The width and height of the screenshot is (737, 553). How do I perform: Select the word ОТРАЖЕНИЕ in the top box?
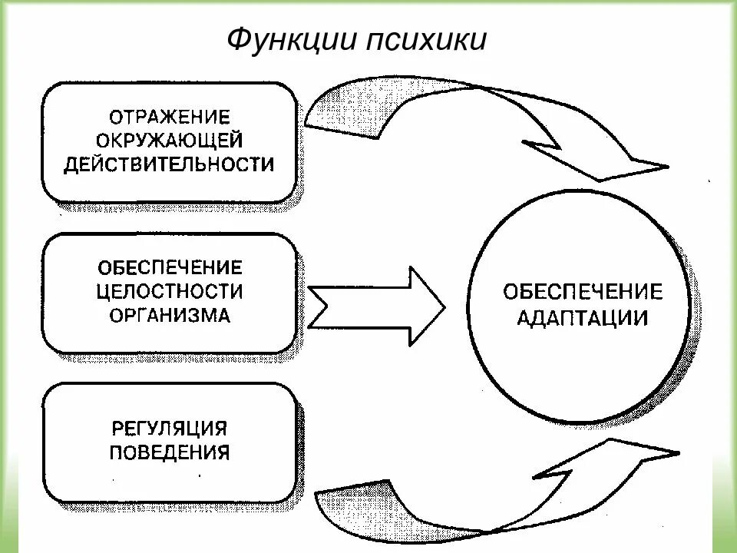click(170, 118)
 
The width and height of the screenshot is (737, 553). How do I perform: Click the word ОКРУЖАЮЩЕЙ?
click(170, 141)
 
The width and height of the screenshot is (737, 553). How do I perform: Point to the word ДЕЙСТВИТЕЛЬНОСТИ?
click(170, 164)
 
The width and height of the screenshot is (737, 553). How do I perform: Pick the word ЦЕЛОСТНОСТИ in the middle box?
click(170, 292)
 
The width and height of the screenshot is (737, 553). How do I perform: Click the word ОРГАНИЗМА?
click(170, 315)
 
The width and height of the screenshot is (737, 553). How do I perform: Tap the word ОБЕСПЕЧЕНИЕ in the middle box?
click(170, 268)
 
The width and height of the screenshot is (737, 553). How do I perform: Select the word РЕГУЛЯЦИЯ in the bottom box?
click(170, 427)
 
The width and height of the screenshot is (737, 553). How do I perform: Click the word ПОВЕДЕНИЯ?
click(170, 450)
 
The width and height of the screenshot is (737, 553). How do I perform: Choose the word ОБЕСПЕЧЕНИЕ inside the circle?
click(583, 292)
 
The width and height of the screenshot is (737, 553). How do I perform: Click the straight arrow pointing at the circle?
click(376, 305)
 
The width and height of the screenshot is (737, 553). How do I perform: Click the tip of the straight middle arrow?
click(441, 305)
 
